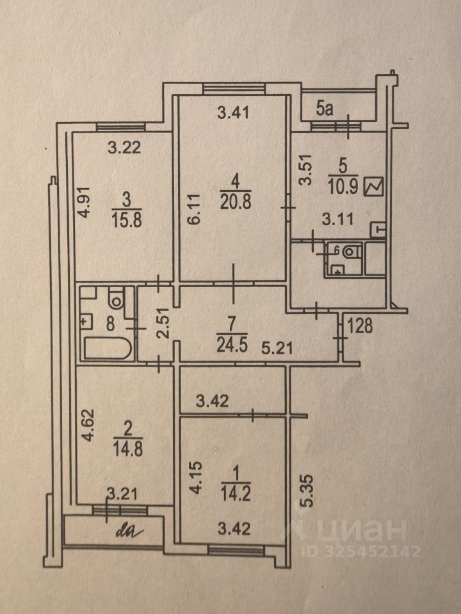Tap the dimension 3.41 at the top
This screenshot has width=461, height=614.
[x=232, y=114]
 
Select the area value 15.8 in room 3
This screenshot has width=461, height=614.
[x=122, y=219]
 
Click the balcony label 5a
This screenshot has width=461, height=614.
[x=325, y=109]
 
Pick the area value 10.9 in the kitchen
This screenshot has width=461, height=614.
[x=344, y=187]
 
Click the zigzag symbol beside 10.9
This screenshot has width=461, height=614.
[x=373, y=187]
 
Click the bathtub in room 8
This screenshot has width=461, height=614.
[x=107, y=350]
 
